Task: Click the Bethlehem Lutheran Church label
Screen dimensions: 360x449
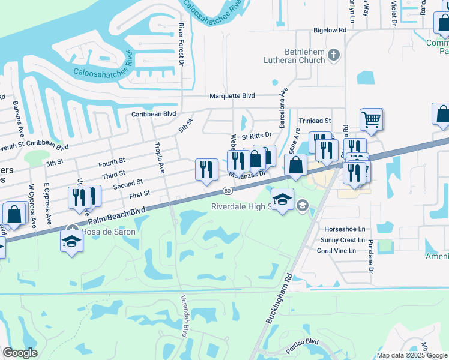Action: tap(294, 56)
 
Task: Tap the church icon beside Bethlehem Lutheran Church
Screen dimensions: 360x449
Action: tap(334, 56)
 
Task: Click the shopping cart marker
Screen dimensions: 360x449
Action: tap(372, 119)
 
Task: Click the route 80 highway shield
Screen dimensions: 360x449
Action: tap(227, 191)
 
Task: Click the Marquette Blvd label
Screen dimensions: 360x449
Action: tap(232, 95)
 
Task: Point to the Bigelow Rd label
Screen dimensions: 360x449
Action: tap(330, 29)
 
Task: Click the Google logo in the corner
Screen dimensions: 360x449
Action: tap(20, 353)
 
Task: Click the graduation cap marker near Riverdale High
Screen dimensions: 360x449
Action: tap(282, 199)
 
